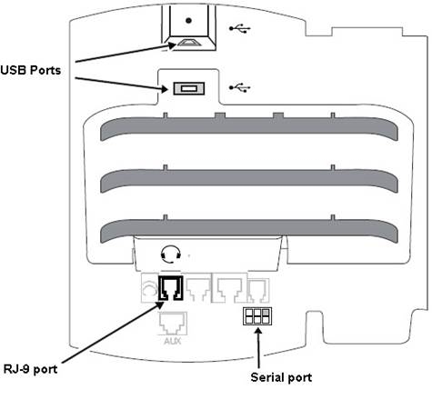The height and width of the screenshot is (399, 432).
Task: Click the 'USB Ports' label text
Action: point(31,70)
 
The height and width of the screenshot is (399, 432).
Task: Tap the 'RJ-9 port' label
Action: point(30,369)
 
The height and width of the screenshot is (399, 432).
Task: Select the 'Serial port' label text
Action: point(281,377)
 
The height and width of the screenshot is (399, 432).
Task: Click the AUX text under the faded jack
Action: point(173,341)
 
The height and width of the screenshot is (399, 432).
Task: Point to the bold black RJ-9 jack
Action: point(170,288)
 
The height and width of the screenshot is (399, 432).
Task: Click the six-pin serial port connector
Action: point(257,316)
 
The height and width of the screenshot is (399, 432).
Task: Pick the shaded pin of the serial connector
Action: point(266,312)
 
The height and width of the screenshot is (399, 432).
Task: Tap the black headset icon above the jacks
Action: point(171,254)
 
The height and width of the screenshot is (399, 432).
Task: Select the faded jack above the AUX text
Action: point(173,324)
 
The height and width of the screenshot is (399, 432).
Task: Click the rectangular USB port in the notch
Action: point(189,88)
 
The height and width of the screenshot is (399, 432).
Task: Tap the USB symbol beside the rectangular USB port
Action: point(240,87)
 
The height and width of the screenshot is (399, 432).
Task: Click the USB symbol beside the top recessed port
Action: point(240,28)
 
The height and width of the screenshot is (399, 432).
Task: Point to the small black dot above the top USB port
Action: point(188,21)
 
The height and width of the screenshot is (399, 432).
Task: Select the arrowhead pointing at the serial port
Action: point(258,332)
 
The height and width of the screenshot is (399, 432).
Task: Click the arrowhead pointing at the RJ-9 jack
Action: point(160,304)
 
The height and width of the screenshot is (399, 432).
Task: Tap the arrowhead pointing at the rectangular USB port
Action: point(164,89)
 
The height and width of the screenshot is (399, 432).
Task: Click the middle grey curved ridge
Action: point(249,181)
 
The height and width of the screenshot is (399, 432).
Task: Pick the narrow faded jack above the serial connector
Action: point(258,291)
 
